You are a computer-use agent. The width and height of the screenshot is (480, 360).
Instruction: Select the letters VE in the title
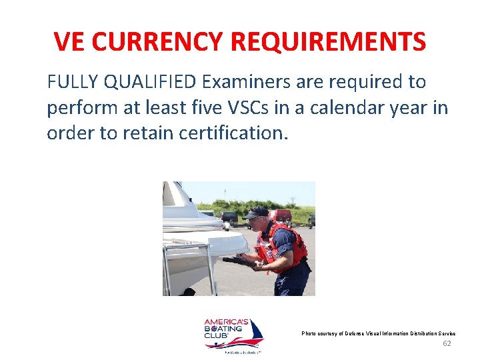[x=69, y=42]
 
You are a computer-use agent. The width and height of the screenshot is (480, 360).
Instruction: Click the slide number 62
[x=447, y=343]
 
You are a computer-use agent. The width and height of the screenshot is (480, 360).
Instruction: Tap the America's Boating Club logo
[x=233, y=335]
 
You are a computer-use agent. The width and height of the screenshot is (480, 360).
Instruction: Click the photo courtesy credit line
[x=378, y=333]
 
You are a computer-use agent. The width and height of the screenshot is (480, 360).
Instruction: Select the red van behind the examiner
[x=281, y=217]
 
